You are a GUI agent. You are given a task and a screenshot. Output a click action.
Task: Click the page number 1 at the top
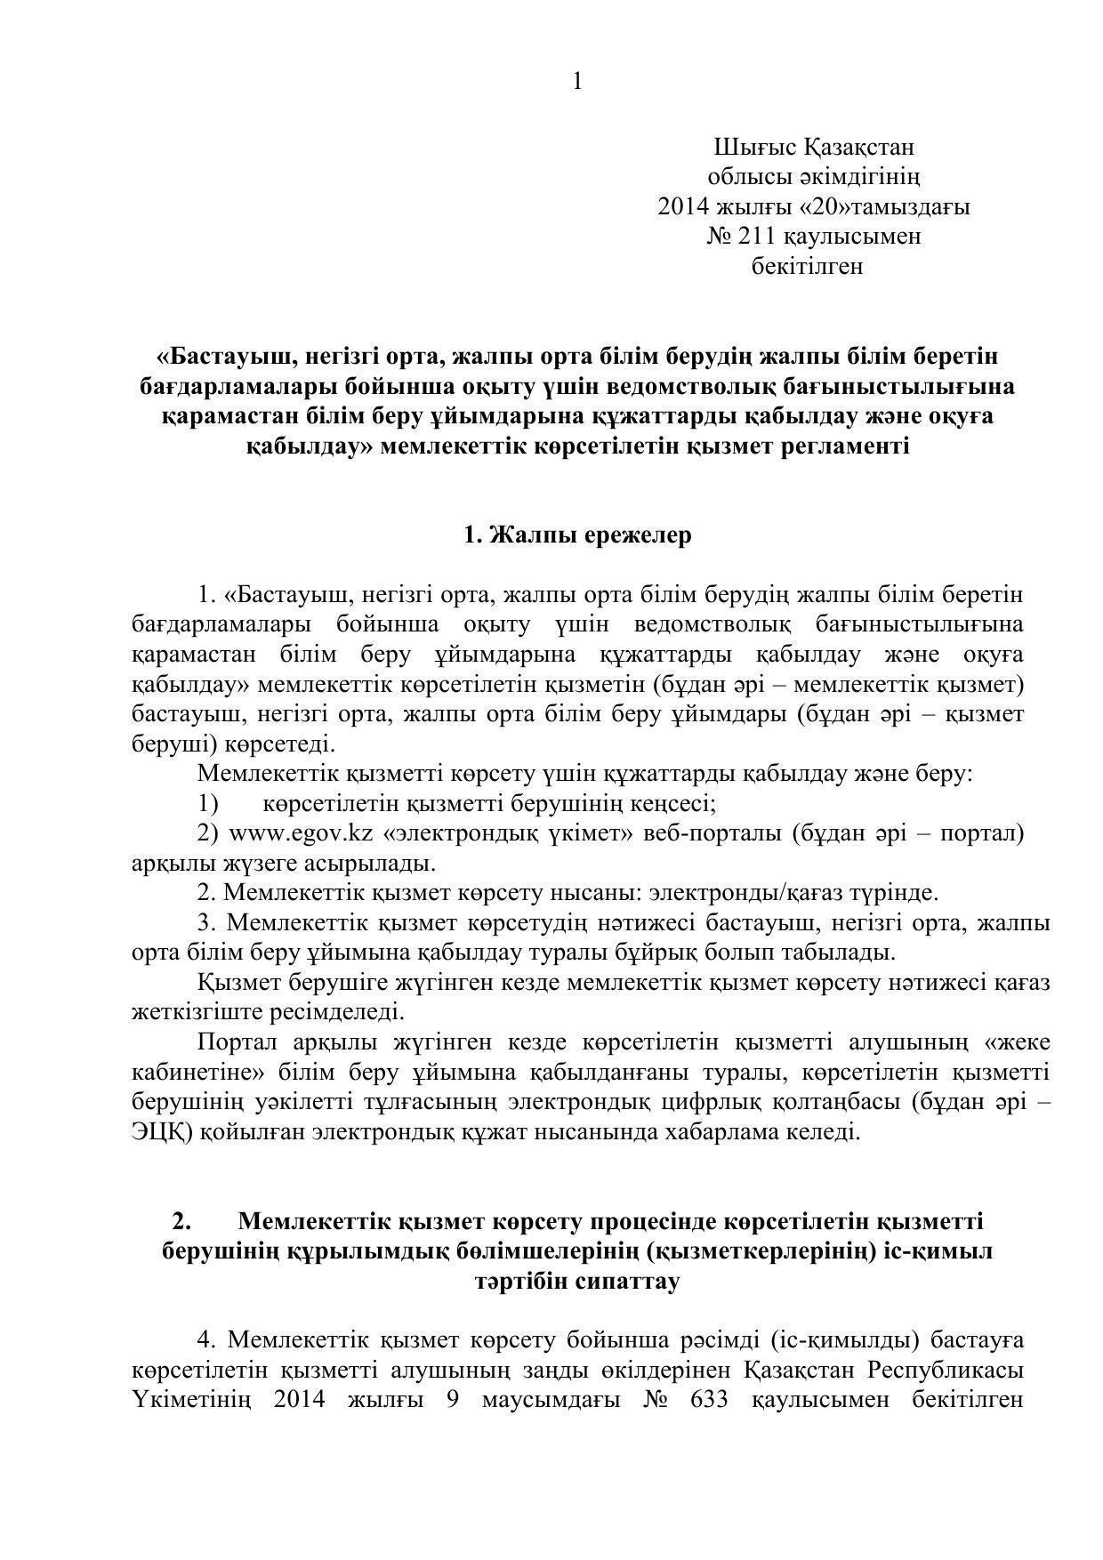(578, 82)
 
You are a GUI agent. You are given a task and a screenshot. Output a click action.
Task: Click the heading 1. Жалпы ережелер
(577, 535)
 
